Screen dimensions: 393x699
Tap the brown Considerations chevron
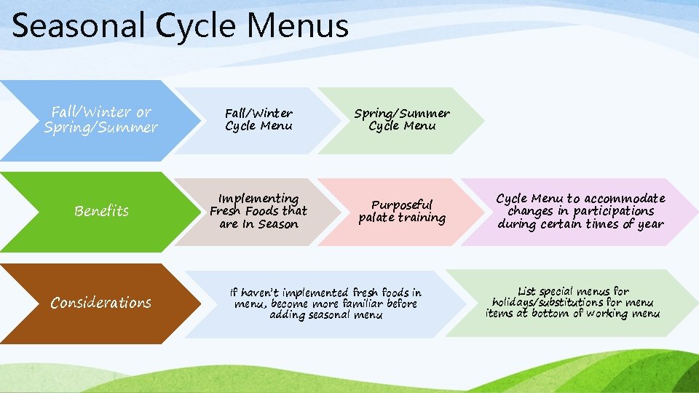click(100, 303)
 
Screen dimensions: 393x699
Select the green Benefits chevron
click(101, 211)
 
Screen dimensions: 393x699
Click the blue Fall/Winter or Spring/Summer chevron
click(100, 120)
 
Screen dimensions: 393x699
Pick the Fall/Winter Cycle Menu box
click(258, 120)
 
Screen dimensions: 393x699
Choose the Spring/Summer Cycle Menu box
click(401, 120)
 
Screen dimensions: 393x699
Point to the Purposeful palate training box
click(401, 212)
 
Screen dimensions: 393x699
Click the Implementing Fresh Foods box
click(258, 212)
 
